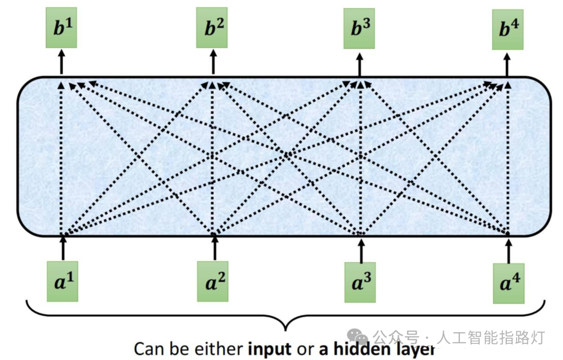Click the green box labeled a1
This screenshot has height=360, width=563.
pos(63,282)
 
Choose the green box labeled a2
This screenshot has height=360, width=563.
pos(213,282)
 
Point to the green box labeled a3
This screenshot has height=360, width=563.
pos(360,282)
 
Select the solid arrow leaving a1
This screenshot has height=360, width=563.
pos(64,248)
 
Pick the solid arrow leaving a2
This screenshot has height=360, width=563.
pos(214,248)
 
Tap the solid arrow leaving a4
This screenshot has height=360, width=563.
pos(509,249)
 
